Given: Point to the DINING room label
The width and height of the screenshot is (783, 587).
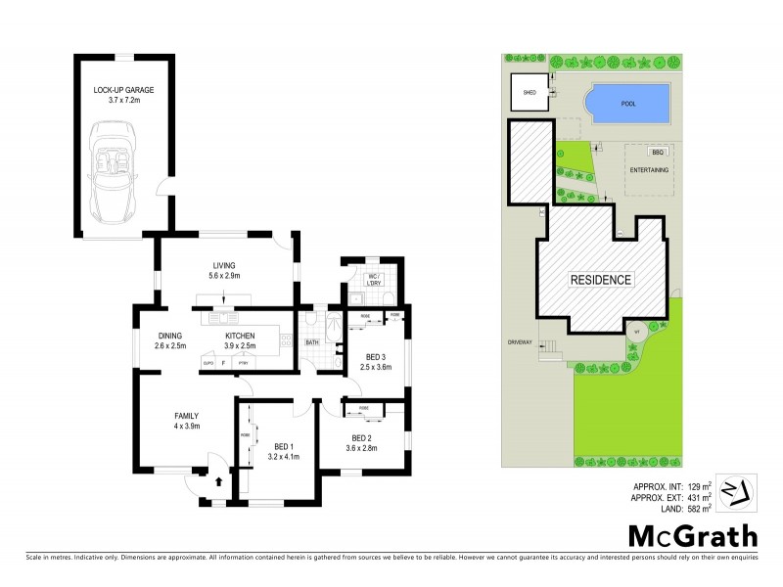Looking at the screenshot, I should point(170,339).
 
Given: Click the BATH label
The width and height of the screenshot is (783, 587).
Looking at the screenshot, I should point(312,342).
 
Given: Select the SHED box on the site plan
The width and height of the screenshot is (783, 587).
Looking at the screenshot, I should point(530,95).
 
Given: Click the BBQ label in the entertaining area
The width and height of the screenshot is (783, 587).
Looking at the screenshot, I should point(658,153).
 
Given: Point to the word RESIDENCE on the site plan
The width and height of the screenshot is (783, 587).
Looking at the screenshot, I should point(602,280).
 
